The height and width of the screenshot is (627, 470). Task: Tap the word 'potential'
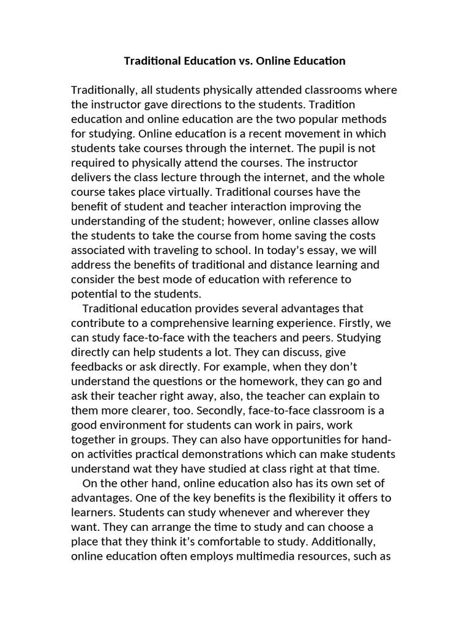click(93, 293)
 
